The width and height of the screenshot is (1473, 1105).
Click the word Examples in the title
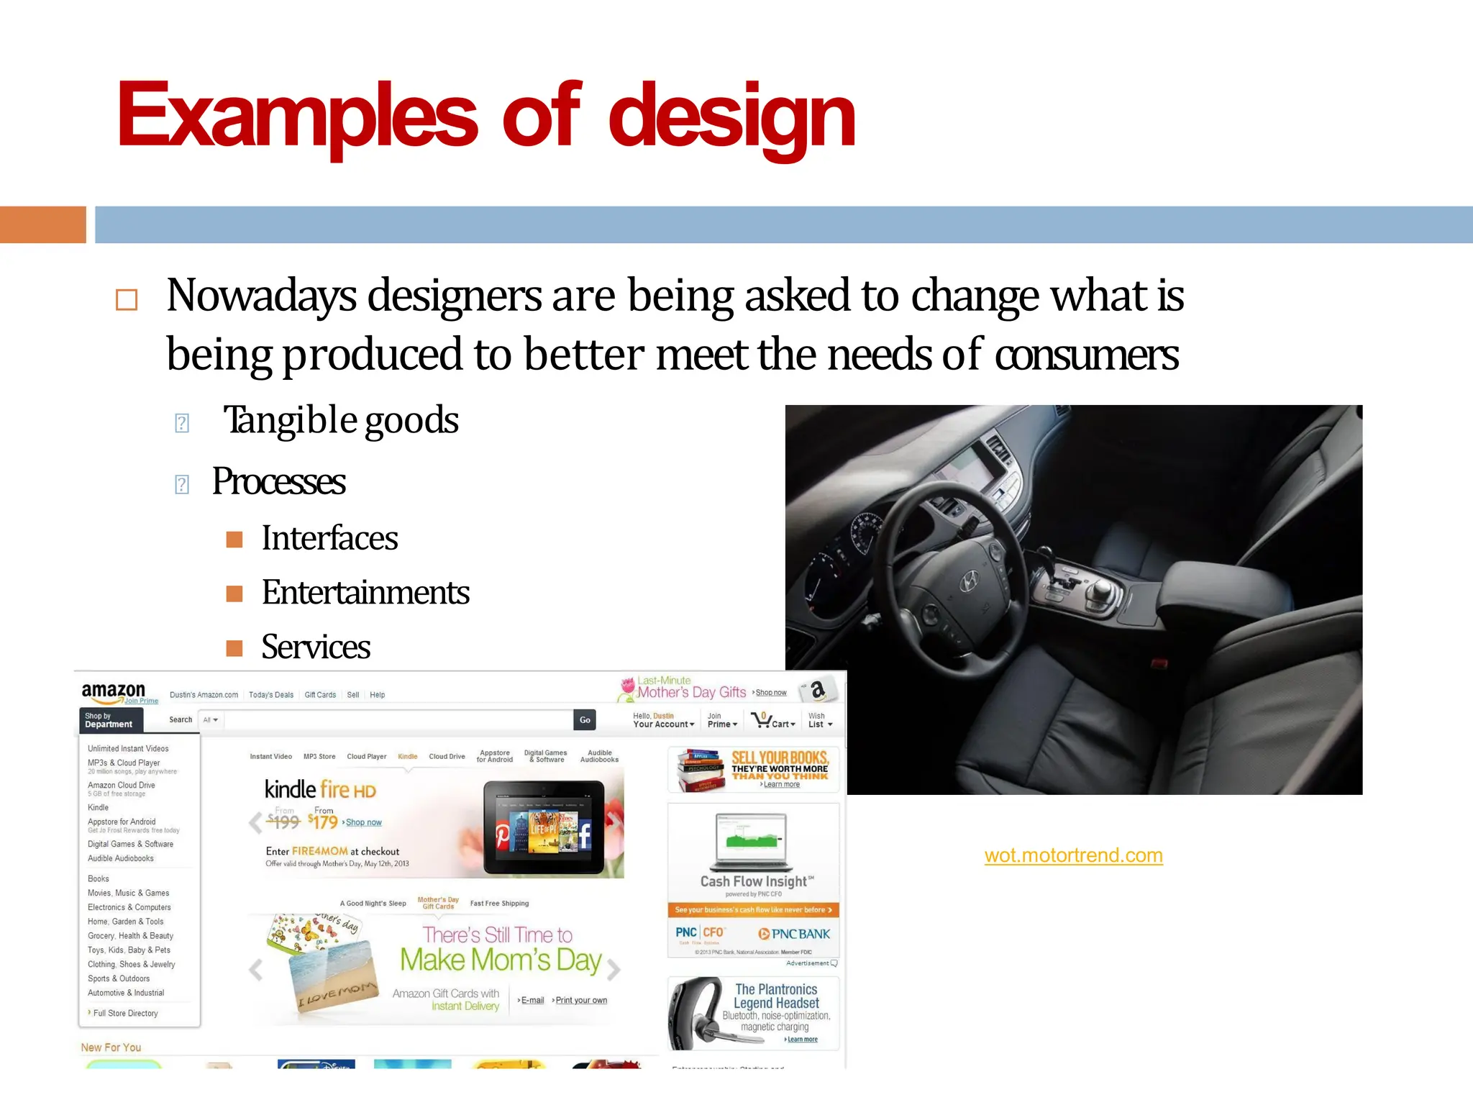coord(297,115)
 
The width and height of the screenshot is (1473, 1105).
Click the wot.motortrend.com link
coord(1073,855)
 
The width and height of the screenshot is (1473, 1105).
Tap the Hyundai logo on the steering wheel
coord(970,580)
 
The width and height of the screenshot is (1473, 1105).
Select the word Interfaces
coord(329,538)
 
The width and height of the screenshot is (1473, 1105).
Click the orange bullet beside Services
coord(234,648)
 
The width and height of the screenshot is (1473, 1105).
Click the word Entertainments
coord(365,593)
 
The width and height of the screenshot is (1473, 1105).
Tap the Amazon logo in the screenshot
coord(114,691)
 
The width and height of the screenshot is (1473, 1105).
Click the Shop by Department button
coord(111,720)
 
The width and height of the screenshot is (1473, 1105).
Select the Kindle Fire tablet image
coord(543,827)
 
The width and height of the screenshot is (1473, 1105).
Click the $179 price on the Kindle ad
coord(323,822)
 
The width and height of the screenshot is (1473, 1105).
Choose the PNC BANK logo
coord(794,934)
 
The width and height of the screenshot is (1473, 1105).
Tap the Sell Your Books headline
coord(780,758)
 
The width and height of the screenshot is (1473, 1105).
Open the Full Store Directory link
coord(125,1013)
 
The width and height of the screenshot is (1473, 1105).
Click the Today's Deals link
coord(271,695)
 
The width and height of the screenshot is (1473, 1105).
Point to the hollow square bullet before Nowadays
coord(127,299)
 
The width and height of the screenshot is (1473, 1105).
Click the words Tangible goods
coord(341,420)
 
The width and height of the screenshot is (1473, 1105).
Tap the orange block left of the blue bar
coord(42,224)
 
